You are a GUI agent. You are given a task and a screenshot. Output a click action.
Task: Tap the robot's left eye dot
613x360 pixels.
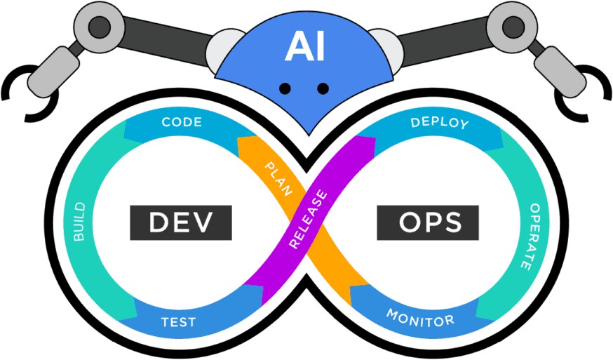coord(285,88)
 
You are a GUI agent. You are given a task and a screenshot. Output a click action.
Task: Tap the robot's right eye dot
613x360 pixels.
coord(323,88)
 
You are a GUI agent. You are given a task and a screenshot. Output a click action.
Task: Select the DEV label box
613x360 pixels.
coord(180,222)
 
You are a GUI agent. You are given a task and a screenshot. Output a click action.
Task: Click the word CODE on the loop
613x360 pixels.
coord(182,122)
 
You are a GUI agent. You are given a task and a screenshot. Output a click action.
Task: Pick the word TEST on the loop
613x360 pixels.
coord(178,324)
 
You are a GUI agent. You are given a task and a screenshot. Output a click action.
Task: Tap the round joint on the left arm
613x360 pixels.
coord(99,26)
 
